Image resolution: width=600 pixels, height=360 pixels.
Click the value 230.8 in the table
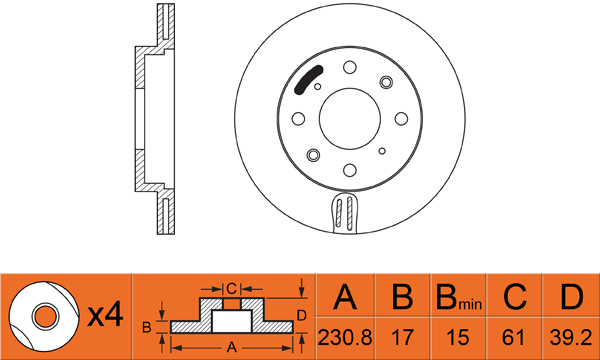tap(345, 337)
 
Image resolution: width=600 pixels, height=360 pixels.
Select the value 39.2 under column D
tap(571, 337)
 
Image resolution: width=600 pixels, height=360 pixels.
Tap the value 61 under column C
tap(513, 337)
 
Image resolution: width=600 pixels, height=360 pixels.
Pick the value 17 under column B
tap(403, 337)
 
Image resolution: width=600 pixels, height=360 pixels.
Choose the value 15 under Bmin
tap(458, 337)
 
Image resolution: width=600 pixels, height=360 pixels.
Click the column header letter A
tap(345, 297)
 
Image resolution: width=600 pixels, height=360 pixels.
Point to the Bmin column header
tap(459, 297)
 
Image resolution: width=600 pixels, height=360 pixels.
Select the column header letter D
tap(572, 297)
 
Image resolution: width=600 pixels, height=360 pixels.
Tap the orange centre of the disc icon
tap(46, 317)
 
